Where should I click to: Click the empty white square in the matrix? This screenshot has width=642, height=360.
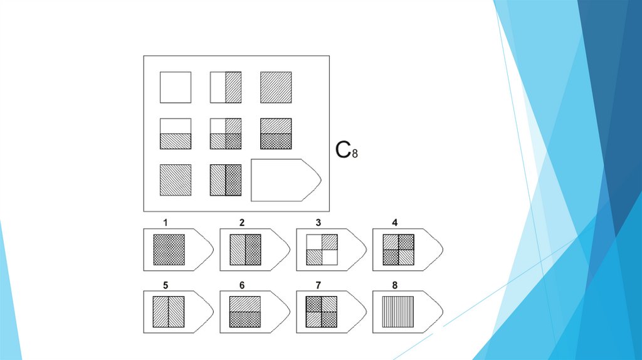(x=176, y=87)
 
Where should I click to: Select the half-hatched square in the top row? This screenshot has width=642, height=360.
(x=225, y=87)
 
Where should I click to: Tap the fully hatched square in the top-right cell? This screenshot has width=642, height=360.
(x=276, y=87)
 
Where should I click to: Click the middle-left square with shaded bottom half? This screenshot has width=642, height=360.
(x=176, y=134)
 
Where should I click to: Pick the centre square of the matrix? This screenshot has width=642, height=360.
(x=225, y=134)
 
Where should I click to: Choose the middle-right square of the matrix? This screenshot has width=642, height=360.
(x=276, y=134)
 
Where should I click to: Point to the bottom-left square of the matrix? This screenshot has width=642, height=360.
(x=176, y=180)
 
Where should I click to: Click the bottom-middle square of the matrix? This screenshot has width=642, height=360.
(x=225, y=180)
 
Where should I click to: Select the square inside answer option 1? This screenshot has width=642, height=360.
(x=169, y=250)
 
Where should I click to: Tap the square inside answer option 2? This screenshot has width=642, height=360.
(x=245, y=250)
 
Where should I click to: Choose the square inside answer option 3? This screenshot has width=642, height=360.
(x=322, y=250)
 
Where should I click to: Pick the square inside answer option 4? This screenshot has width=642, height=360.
(x=398, y=250)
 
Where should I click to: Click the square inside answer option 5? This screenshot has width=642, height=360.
(x=169, y=312)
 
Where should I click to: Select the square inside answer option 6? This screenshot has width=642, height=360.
(x=245, y=312)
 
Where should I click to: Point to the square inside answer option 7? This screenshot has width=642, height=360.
(x=322, y=312)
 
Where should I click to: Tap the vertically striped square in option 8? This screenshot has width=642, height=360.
(x=398, y=312)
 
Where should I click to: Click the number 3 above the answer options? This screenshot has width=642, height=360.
(x=318, y=223)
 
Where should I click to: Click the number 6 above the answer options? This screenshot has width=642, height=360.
(x=242, y=285)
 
